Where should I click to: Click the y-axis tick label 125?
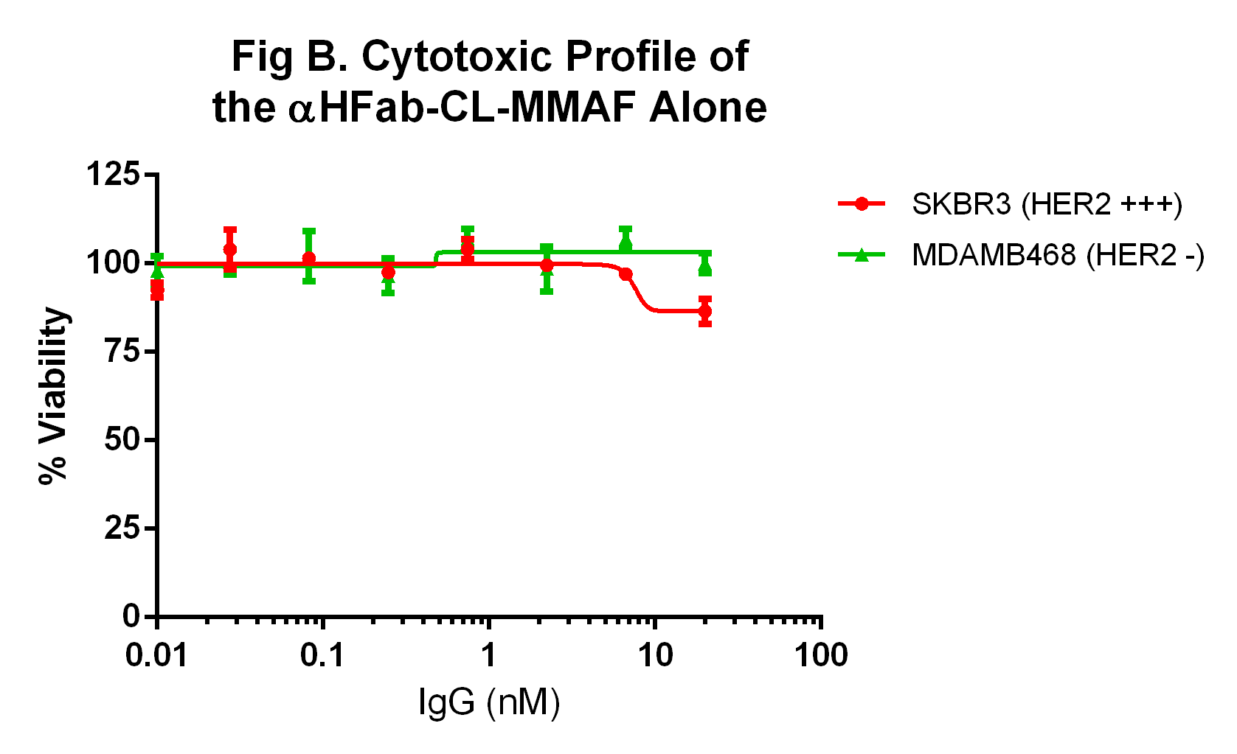(x=112, y=175)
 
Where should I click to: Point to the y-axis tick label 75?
(x=122, y=351)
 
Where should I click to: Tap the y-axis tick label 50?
(x=122, y=440)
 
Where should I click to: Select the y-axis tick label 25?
(x=122, y=528)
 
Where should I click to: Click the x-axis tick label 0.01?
(x=156, y=654)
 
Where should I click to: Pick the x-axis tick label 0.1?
(x=322, y=654)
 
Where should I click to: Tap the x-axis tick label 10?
(x=655, y=654)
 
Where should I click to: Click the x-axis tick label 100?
(x=821, y=654)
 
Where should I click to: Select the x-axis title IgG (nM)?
(x=489, y=702)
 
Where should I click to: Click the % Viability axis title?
(x=54, y=396)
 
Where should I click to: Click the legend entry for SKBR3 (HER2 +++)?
(x=1047, y=204)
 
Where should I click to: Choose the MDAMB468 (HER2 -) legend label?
(x=1058, y=255)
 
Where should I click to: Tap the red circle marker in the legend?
(x=861, y=204)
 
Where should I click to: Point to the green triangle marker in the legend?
(x=861, y=255)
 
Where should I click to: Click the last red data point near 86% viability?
(x=705, y=312)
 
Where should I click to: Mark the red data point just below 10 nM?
(x=626, y=274)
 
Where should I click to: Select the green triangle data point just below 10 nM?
(x=626, y=242)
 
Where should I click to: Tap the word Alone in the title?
(x=707, y=108)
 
